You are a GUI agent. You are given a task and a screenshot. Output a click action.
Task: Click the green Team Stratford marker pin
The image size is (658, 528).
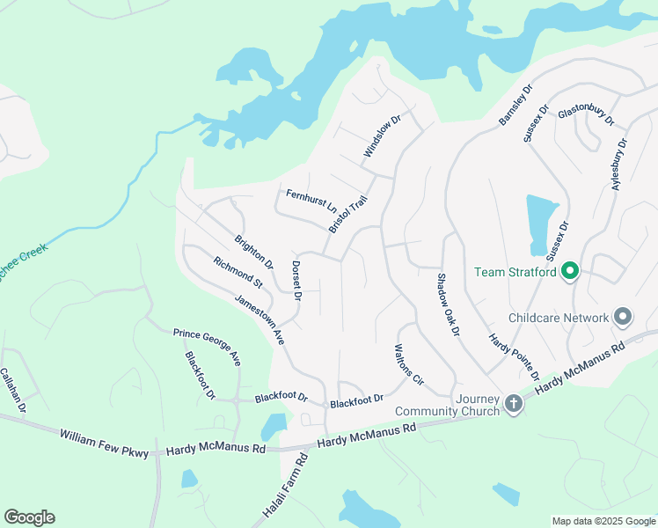tap(570, 271)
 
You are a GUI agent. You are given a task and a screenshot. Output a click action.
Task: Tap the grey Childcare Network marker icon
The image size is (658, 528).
tap(623, 317)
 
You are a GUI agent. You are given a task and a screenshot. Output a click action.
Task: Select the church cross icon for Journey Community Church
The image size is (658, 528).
tap(514, 404)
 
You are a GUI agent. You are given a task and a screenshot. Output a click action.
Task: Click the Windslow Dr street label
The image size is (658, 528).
tap(383, 136)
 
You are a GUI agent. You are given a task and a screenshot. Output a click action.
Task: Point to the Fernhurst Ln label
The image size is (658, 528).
tap(311, 202)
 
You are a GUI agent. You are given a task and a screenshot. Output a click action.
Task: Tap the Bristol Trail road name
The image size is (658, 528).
tap(347, 215)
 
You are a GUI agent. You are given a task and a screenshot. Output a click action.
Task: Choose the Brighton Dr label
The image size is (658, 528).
tap(253, 252)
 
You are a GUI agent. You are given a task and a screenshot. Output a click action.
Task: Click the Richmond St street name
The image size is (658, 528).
tap(238, 272)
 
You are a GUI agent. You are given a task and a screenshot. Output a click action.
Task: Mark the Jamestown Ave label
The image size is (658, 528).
tap(260, 319)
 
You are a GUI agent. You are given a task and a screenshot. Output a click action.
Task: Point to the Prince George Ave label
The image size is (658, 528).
tap(207, 346)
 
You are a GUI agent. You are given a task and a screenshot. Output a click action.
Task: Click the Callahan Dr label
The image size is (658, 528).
tap(13, 390)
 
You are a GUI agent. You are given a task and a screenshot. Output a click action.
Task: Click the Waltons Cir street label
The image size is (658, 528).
tap(410, 364)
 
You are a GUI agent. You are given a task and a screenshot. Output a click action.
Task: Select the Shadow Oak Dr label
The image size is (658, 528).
tap(448, 304)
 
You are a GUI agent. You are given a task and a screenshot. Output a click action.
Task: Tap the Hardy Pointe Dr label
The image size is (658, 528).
tap(515, 356)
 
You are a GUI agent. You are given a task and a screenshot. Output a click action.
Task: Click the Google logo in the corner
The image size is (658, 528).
tap(29, 517)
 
